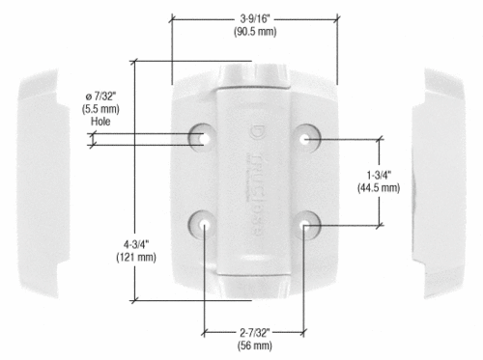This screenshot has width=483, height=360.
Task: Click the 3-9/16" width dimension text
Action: click(x=255, y=18)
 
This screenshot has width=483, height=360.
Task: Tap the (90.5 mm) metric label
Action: click(x=255, y=32)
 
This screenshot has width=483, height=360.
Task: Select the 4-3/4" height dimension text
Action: click(x=136, y=244)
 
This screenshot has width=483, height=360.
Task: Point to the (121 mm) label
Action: click(x=136, y=258)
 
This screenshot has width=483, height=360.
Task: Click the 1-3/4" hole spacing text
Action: click(x=379, y=175)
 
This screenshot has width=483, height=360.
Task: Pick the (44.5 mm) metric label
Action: click(x=379, y=188)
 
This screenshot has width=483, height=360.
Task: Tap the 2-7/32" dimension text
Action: click(x=255, y=333)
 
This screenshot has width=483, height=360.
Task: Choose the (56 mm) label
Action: click(x=255, y=346)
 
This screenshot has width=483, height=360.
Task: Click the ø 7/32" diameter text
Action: click(x=100, y=96)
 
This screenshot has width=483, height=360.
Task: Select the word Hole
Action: click(x=100, y=122)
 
